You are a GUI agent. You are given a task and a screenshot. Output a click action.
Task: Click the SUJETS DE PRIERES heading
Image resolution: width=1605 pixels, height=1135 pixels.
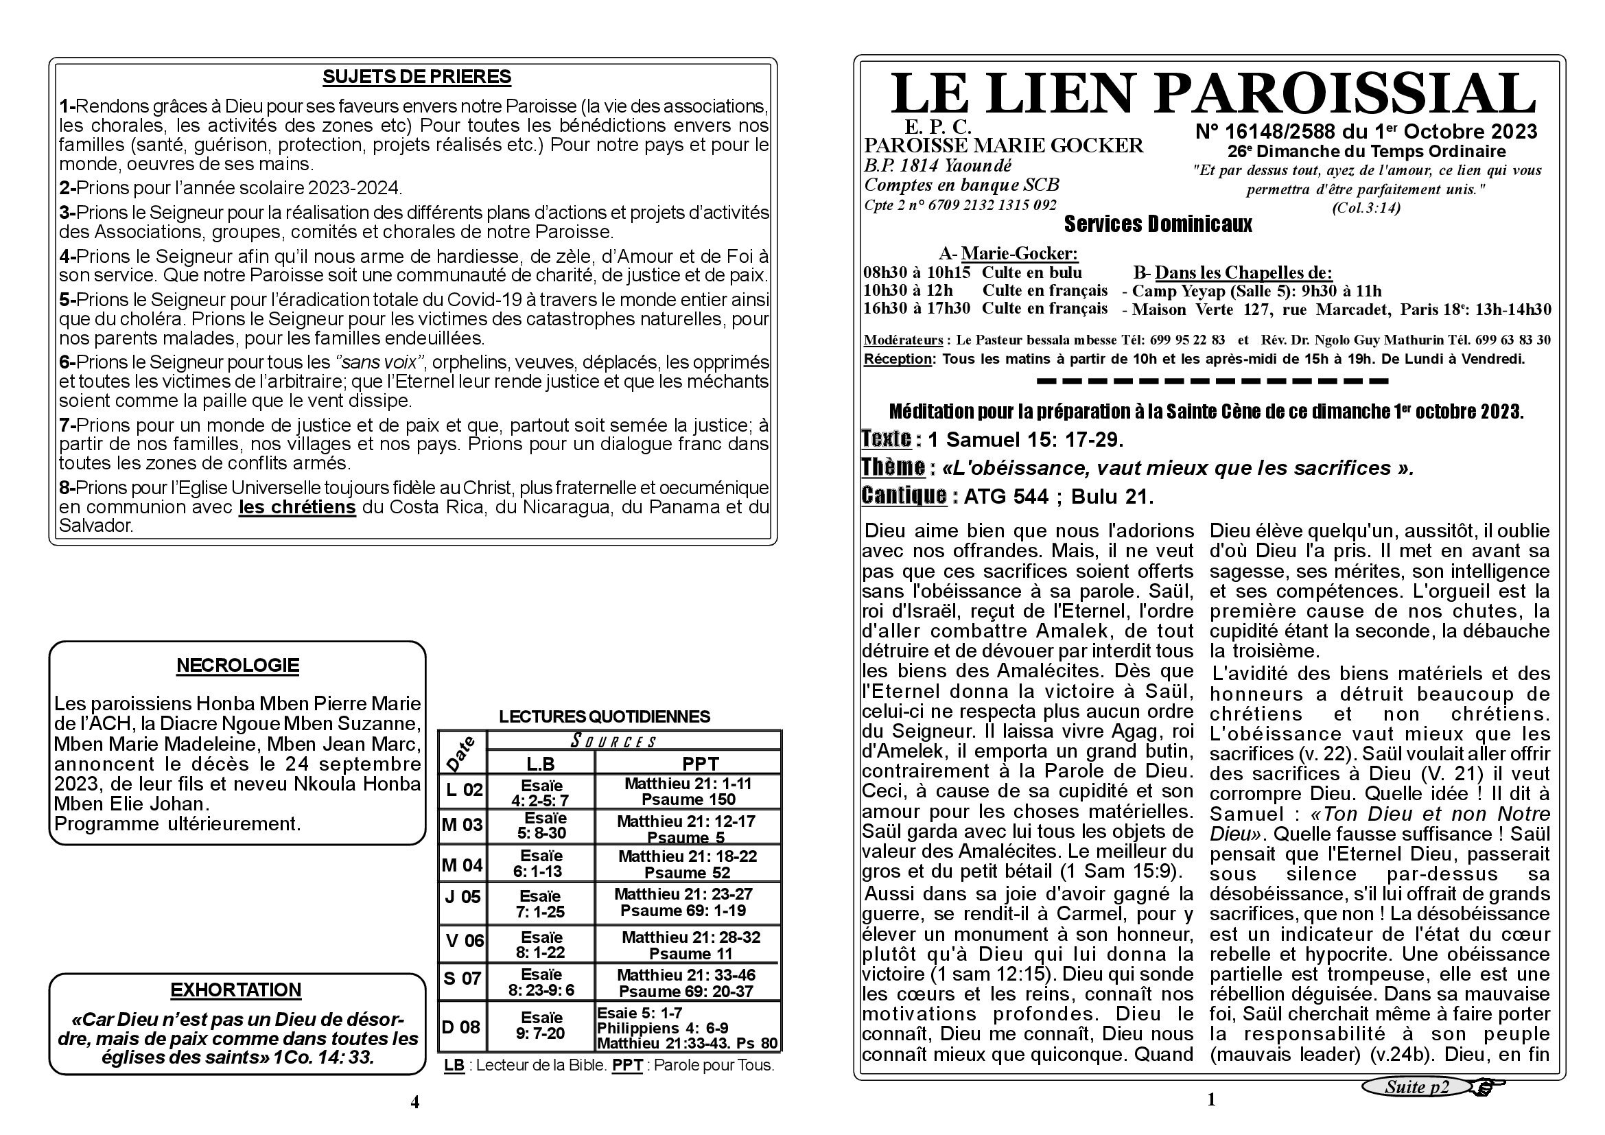[417, 77]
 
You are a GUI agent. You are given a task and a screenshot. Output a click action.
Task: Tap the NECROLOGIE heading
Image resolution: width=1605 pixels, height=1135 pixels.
[237, 666]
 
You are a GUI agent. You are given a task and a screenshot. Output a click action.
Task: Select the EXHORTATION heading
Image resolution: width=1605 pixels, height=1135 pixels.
[236, 990]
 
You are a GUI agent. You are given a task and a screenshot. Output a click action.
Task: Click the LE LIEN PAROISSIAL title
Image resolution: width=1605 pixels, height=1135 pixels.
[1212, 93]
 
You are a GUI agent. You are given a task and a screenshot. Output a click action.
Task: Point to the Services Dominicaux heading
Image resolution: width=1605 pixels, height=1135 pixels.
[1158, 224]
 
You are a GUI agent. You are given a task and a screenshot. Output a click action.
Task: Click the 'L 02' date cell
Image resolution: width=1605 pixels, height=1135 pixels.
[463, 790]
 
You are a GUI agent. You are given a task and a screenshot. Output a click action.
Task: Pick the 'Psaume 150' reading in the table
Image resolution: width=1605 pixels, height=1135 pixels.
[688, 799]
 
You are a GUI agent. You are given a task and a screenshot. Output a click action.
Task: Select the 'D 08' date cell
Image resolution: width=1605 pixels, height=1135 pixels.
[461, 1027]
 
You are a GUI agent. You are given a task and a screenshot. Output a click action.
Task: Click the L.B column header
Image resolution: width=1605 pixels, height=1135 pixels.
[540, 764]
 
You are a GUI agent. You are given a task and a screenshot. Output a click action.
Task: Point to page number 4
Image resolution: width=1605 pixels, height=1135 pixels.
[414, 1102]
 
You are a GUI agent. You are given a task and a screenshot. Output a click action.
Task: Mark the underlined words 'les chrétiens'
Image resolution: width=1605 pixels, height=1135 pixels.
[297, 506]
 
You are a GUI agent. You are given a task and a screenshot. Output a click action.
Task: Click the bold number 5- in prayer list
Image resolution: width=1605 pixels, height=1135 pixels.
[67, 300]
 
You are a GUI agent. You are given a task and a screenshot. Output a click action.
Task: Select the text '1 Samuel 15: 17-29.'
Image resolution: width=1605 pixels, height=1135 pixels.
[1024, 440]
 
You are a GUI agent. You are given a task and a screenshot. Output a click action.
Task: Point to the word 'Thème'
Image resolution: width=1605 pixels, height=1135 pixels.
[893, 467]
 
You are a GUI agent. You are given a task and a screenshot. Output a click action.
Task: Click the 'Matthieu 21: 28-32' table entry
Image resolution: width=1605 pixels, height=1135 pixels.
[691, 937]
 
